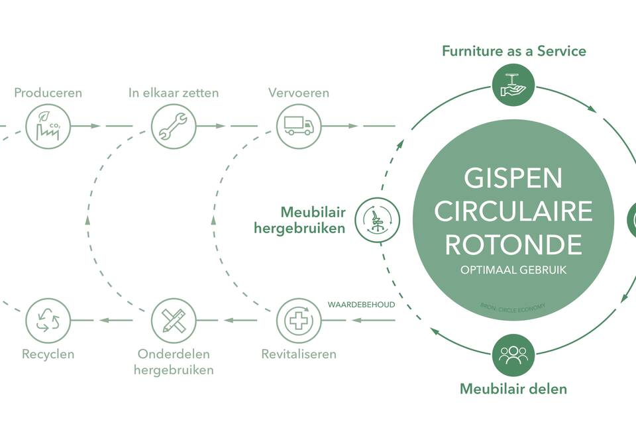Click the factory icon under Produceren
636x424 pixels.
click(48, 125)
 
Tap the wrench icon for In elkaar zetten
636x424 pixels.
click(174, 125)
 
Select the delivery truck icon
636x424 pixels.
click(299, 125)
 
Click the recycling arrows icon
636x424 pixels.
click(48, 321)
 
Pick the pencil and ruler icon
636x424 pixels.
click(174, 321)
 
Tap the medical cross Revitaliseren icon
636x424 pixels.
click(299, 321)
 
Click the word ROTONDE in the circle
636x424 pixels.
click(513, 244)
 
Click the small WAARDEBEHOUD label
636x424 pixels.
click(361, 305)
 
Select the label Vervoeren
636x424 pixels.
click(299, 93)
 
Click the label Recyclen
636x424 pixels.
click(48, 354)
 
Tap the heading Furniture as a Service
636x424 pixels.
click(514, 51)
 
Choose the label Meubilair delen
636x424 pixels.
click(513, 389)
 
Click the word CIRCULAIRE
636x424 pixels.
click(513, 211)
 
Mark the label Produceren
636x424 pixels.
click(48, 93)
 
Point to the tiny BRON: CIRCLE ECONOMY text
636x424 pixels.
click(513, 306)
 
